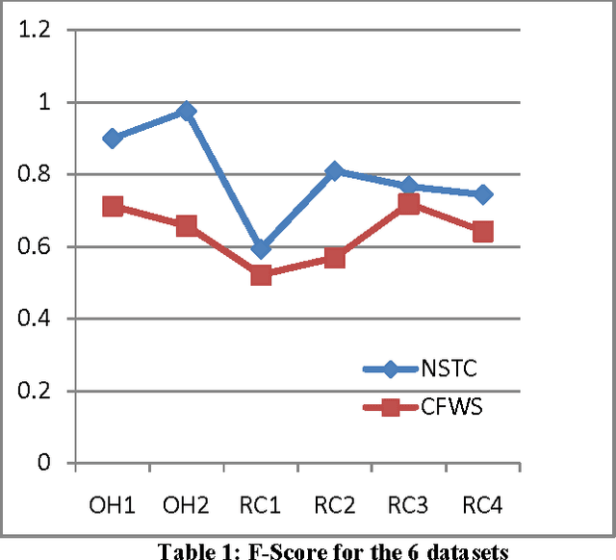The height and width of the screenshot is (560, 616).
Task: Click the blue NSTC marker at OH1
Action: (113, 139)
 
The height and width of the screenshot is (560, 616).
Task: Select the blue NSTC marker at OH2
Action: (187, 112)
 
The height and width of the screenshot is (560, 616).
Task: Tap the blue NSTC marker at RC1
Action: (261, 249)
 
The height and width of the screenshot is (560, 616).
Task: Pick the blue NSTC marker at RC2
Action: (335, 171)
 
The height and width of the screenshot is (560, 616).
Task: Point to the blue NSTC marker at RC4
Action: (483, 194)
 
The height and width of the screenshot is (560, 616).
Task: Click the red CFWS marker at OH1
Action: (113, 206)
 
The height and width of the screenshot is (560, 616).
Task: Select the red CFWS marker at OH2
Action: (187, 225)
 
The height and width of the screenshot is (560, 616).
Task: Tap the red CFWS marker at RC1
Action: (261, 275)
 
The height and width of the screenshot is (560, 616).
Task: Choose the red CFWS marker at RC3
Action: (409, 203)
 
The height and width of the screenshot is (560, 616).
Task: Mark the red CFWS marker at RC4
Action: (483, 232)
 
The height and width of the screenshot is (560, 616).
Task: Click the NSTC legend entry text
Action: (449, 368)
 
